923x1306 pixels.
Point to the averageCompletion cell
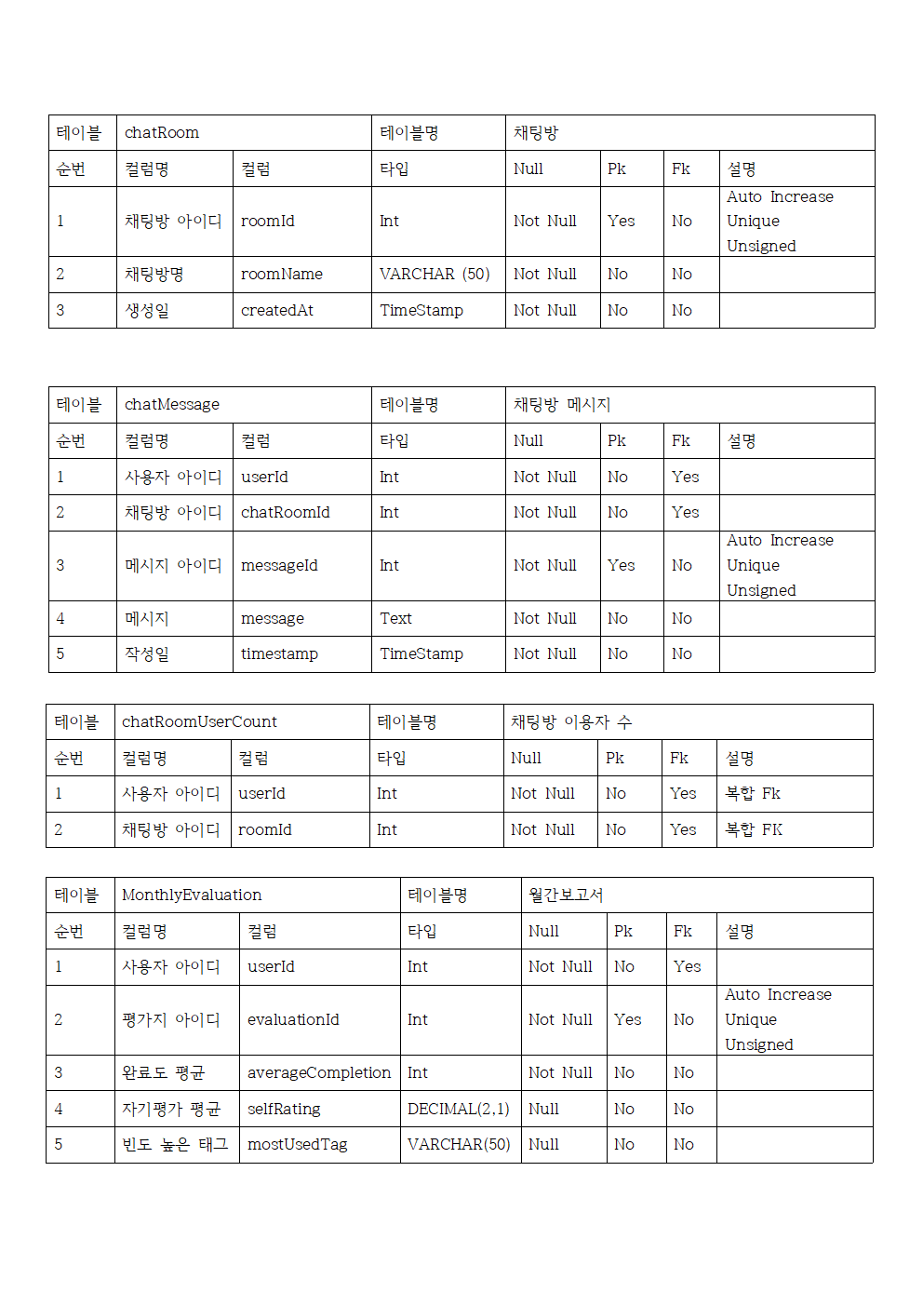(319, 1073)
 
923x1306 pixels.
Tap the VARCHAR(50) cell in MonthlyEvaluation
(459, 1145)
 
